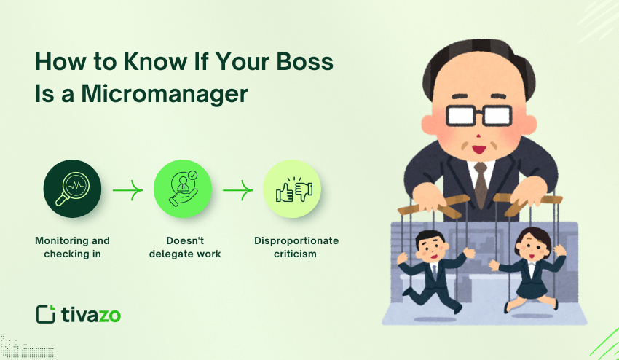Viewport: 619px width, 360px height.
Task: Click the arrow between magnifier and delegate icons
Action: (127, 192)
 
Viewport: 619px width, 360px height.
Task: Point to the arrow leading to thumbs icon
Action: (237, 192)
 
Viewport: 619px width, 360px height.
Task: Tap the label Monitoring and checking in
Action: (72, 247)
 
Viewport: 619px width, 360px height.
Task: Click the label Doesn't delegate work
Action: (185, 247)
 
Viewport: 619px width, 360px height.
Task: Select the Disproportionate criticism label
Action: (296, 247)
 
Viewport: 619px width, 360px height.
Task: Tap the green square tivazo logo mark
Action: (45, 314)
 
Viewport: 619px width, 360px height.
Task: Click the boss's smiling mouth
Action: (478, 149)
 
